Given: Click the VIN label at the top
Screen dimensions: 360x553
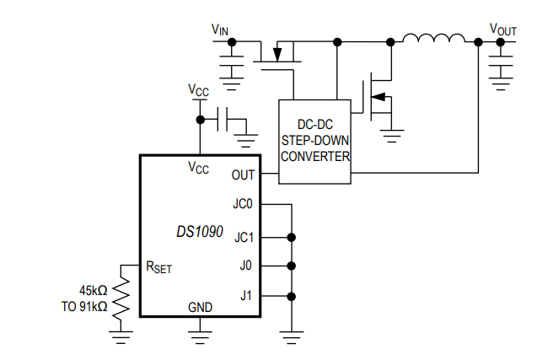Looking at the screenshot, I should coord(219,30).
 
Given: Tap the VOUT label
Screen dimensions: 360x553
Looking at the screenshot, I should coord(503,30).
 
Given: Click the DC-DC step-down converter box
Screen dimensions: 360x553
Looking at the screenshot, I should coord(314,141).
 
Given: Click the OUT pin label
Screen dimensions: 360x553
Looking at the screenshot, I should coord(243,175).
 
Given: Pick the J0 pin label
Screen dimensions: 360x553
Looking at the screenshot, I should coord(245,266).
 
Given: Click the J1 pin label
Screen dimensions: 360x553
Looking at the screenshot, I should coord(245,296).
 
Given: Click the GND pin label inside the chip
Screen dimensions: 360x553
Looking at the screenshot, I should coord(200,306).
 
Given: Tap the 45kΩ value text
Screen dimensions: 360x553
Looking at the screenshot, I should coord(93,291).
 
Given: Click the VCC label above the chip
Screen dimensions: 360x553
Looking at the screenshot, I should coord(199,89).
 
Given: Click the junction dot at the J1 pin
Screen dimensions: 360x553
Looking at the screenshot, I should coord(291,296).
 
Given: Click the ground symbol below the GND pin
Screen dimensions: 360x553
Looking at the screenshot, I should coord(200,337).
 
